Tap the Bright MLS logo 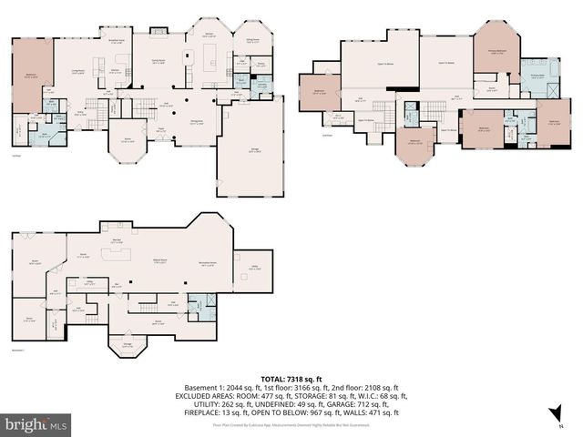click(x=36, y=424)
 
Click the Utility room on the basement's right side click(x=253, y=269)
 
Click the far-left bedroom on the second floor click(x=319, y=93)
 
